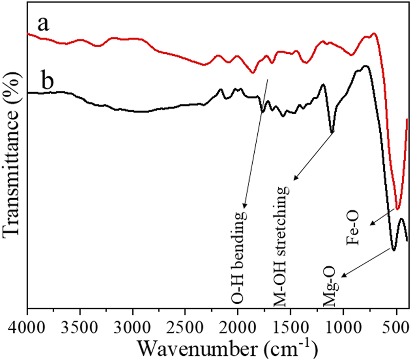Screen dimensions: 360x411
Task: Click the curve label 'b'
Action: [x=48, y=82]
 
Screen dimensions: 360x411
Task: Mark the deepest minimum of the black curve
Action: [x=393, y=250]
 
